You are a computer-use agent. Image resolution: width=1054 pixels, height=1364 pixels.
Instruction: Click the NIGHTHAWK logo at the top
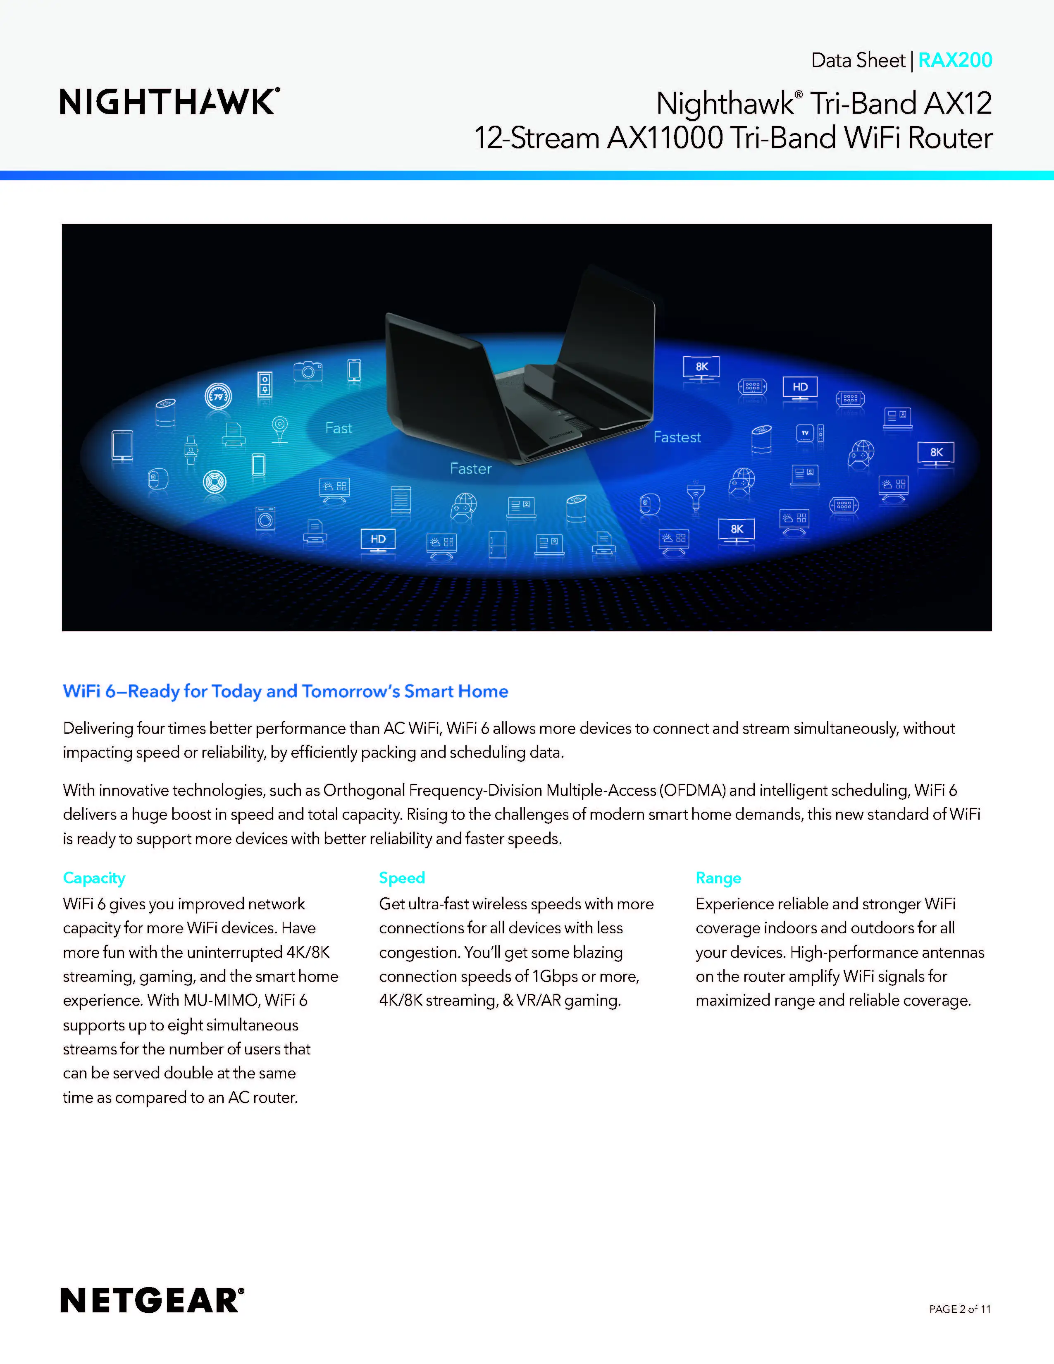point(169,102)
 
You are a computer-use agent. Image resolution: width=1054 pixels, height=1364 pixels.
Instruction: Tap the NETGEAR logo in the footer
point(152,1301)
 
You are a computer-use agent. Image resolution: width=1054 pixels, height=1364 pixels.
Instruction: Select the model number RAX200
point(955,60)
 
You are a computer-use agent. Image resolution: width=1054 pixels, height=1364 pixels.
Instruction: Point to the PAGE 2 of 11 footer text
point(960,1309)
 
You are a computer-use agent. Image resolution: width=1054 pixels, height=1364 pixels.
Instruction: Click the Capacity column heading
point(94,878)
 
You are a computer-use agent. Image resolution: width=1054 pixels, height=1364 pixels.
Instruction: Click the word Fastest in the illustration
point(677,437)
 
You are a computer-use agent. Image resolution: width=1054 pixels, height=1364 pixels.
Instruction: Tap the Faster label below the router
point(471,468)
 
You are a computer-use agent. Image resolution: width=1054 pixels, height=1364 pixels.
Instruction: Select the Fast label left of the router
point(339,428)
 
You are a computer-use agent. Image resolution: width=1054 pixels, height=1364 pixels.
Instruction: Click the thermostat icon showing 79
point(218,396)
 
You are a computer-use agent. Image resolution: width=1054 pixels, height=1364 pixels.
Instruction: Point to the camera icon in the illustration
point(308,371)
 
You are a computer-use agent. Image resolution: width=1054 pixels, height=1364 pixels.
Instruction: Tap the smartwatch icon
point(191,449)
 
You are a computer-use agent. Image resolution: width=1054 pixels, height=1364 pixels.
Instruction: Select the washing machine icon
point(265,518)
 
